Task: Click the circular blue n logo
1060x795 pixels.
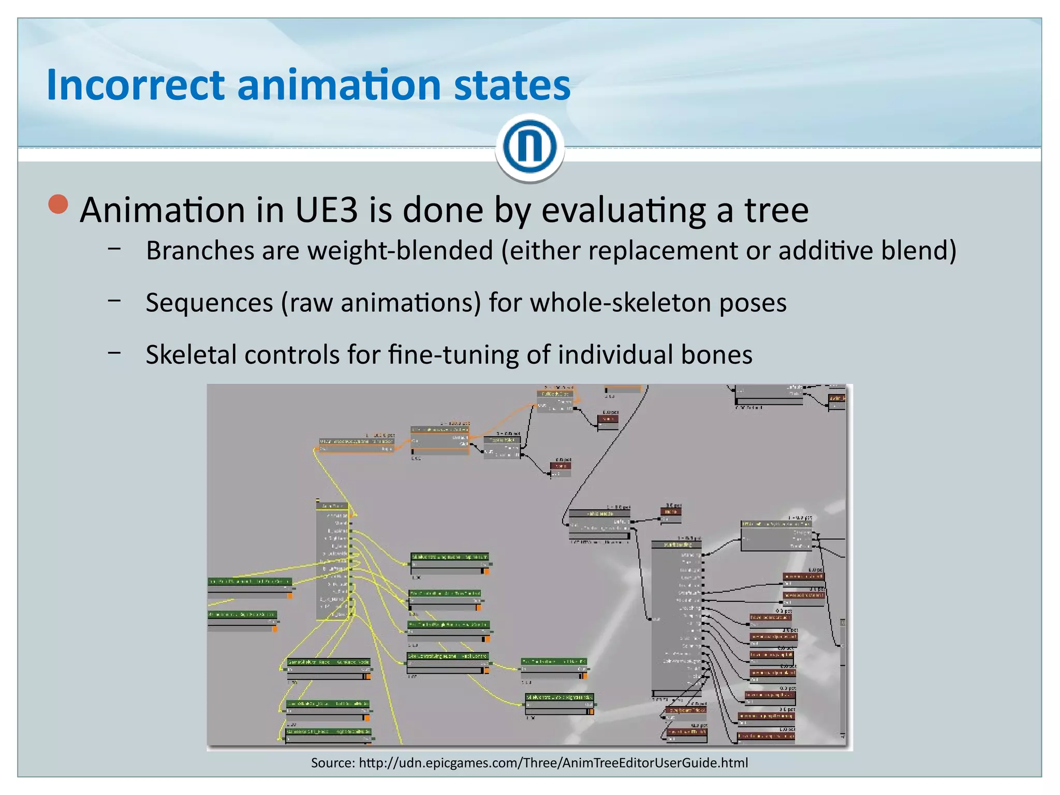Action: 529,146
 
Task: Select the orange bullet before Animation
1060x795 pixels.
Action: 58,204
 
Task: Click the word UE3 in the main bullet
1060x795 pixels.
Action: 326,210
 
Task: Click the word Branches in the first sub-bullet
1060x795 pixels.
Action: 200,251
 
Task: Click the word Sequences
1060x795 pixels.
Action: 209,303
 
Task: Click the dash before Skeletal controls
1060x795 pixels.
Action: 114,352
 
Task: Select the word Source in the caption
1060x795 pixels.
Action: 332,762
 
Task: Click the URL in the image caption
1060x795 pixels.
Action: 553,762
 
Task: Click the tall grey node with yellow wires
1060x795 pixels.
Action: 332,562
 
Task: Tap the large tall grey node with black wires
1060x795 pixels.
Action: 676,619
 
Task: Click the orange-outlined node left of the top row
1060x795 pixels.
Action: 357,446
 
